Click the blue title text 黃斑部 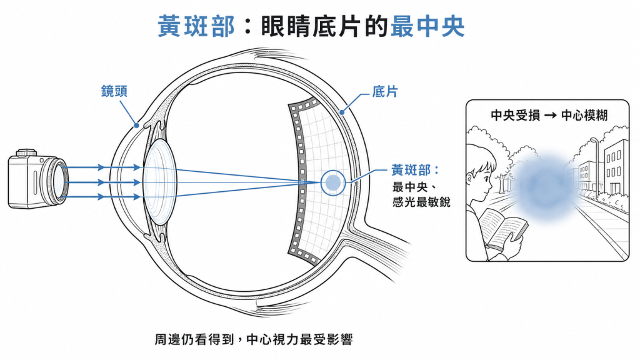[x=196, y=26]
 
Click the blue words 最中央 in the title [x=427, y=26]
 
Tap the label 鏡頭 [x=114, y=91]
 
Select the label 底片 [x=384, y=92]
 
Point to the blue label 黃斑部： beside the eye [x=415, y=170]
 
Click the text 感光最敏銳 [x=421, y=202]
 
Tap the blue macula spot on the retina [x=333, y=182]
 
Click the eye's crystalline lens [x=159, y=182]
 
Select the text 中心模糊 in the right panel [x=584, y=116]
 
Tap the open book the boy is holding [x=503, y=229]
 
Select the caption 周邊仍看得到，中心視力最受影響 [x=254, y=339]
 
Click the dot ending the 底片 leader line [x=342, y=112]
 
